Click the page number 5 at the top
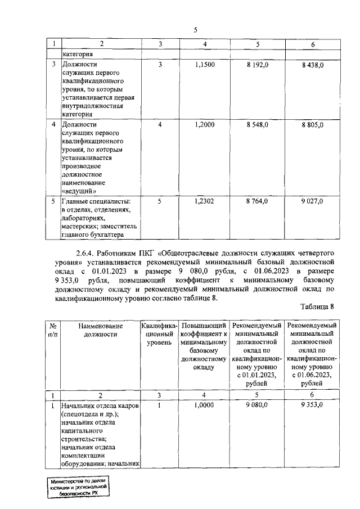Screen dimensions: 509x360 click(195, 30)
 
